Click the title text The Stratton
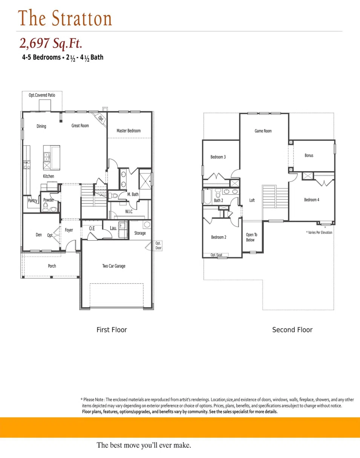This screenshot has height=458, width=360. point(65,18)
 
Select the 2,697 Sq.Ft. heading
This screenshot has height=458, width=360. point(51,43)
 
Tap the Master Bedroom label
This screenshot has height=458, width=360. point(129,131)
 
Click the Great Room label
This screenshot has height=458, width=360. point(80,126)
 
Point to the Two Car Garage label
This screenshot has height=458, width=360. point(114,266)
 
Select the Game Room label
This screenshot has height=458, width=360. point(263,131)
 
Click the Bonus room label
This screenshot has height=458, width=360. point(309,155)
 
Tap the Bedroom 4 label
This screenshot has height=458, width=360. point(311,200)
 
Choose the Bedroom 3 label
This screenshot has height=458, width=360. point(218,157)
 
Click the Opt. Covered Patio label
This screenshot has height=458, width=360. point(42,95)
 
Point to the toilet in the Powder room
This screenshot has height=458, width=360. point(46,207)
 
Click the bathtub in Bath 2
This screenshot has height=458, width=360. point(207,196)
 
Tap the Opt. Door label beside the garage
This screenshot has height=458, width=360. point(158,246)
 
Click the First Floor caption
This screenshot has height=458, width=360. point(112,330)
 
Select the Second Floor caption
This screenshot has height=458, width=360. point(292,330)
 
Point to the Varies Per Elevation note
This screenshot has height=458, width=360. point(319,232)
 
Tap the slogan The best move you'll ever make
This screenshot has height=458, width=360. point(144,445)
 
